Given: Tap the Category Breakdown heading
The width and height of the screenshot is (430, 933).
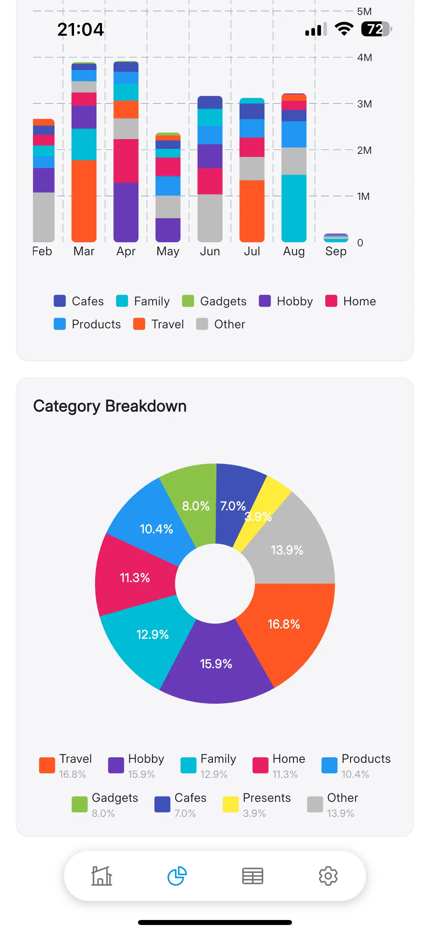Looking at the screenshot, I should [110, 406].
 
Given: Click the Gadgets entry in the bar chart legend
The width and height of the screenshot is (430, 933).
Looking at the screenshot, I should [214, 301].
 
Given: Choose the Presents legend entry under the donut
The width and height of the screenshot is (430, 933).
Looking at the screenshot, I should [257, 804].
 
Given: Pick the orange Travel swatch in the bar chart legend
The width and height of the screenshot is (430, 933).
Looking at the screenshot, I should [139, 324].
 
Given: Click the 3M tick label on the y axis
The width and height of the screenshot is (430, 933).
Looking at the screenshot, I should [364, 104].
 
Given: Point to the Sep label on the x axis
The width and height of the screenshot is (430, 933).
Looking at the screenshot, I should [336, 251].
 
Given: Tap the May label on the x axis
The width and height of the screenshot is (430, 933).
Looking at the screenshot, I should [168, 251].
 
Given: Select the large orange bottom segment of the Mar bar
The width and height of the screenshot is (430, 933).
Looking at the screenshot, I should [84, 201].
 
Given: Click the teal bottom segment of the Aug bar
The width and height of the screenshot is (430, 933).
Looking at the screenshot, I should [294, 208].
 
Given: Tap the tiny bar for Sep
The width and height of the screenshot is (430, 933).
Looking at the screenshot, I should [336, 238].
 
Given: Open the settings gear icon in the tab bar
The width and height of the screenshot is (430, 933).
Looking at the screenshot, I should [328, 876].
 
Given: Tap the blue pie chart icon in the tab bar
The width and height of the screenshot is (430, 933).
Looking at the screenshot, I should [177, 876].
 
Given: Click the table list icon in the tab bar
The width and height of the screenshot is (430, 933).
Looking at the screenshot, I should [253, 876].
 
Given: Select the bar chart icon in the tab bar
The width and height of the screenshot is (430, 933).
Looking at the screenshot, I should [102, 876].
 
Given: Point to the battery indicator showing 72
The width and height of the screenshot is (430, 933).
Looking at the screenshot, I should [376, 29].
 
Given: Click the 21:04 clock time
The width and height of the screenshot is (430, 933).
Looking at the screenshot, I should [80, 29].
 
